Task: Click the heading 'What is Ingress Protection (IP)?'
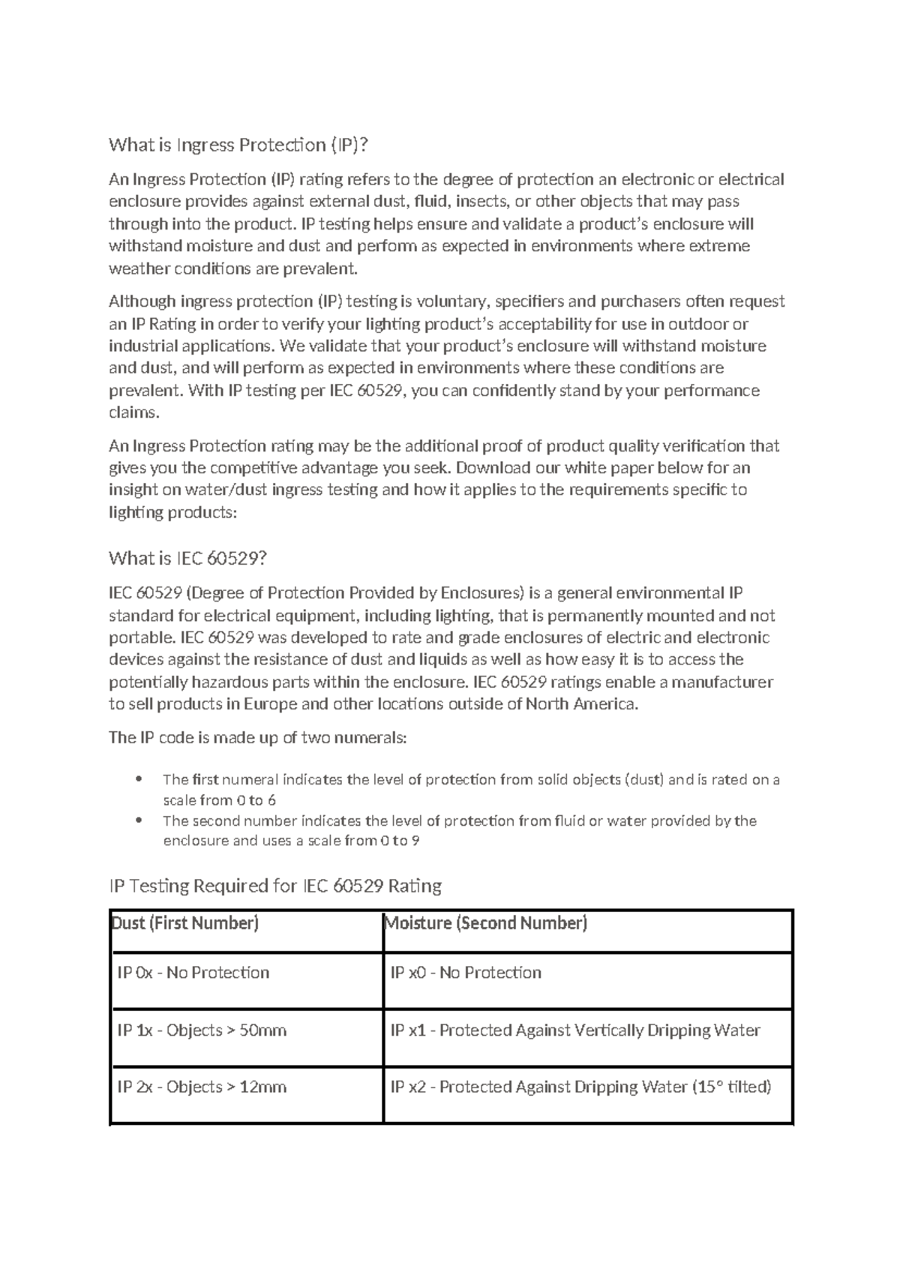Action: [238, 144]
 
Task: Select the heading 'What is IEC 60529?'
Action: [187, 558]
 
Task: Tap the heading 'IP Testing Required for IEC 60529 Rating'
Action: [275, 886]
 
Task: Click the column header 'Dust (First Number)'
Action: [185, 923]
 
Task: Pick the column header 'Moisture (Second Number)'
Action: [486, 923]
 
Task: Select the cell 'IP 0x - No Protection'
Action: [193, 973]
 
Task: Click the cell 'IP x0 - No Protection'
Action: [466, 973]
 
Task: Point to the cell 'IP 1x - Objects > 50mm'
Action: [202, 1030]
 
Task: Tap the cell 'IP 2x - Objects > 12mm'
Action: [202, 1087]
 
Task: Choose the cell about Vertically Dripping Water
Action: [575, 1030]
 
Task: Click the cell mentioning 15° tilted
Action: [580, 1087]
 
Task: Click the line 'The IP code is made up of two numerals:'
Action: [258, 737]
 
